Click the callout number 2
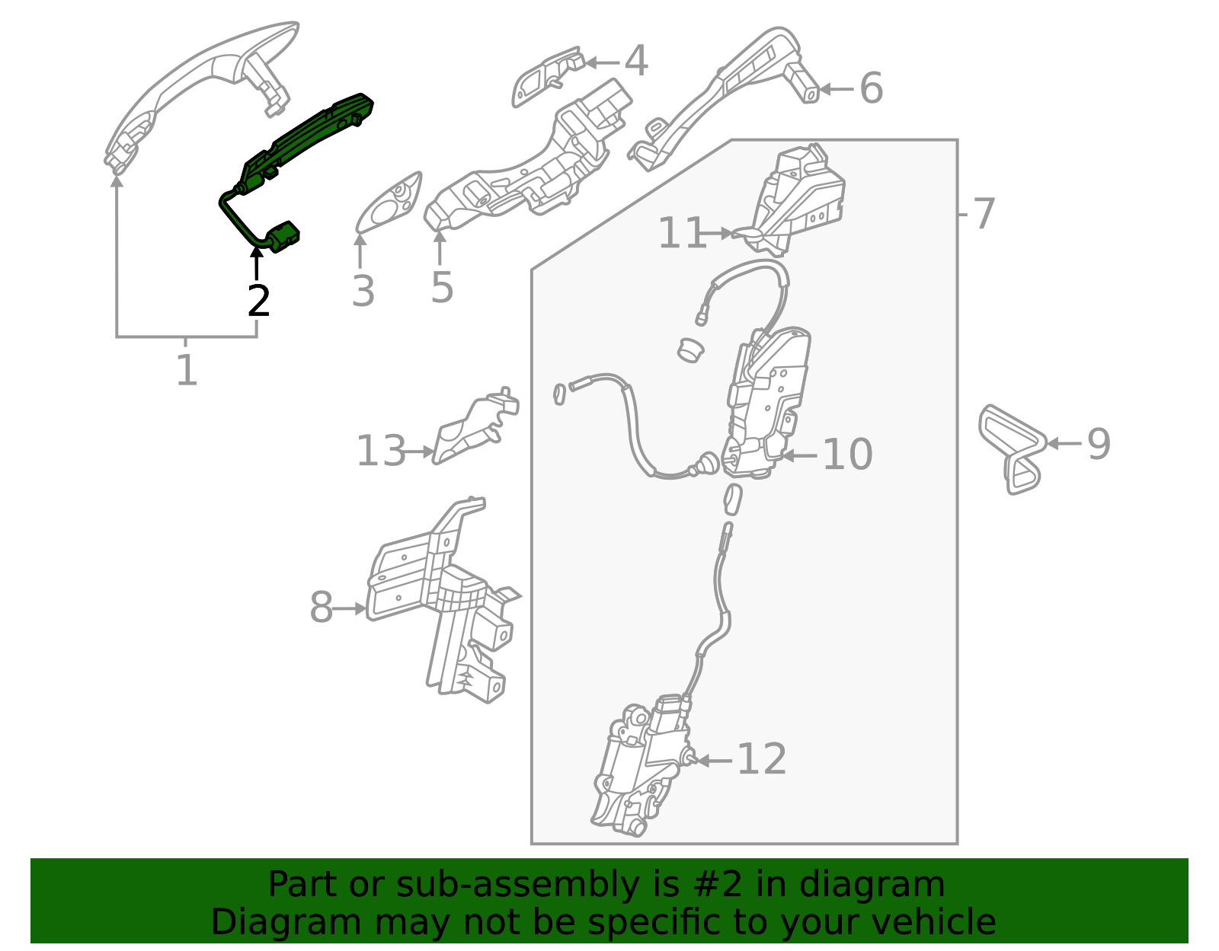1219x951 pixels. click(258, 302)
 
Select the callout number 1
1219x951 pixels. click(187, 370)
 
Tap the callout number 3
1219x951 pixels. click(363, 291)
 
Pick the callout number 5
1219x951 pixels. click(442, 288)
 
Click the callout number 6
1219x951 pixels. click(871, 88)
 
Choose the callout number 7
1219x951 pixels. click(984, 213)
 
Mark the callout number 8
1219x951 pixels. click(322, 607)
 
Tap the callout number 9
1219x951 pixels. click(1099, 444)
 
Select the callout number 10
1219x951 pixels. click(848, 454)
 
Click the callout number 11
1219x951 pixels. click(682, 232)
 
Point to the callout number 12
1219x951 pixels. click(762, 759)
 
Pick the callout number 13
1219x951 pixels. click(381, 451)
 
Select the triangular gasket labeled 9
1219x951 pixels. click(1012, 449)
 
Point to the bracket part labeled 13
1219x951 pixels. click(475, 426)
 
